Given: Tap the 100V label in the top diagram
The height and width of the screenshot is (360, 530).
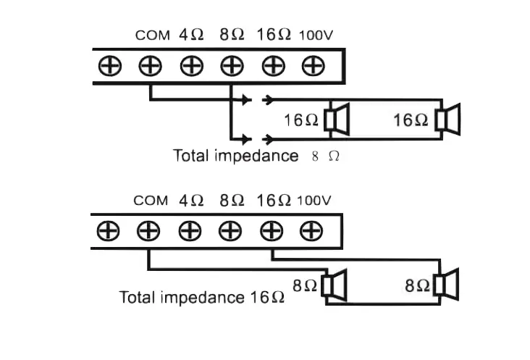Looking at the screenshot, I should pos(316,35).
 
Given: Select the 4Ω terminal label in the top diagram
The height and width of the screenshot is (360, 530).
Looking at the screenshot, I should pos(191,35).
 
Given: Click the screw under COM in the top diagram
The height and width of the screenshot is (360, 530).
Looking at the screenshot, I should pos(150,66).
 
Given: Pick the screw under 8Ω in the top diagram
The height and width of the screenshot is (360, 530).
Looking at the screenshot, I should pos(232,66).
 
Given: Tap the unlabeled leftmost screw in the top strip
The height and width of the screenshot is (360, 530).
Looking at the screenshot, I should pos(110,66).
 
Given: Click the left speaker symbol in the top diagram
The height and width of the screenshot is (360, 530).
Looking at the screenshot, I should pos(337,120).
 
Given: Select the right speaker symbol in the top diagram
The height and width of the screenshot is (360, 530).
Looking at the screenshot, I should pos(448,120).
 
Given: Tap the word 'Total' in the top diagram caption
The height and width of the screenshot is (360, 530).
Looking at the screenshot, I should pos(190,155).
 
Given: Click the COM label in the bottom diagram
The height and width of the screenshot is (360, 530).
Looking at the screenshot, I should pos(151,201).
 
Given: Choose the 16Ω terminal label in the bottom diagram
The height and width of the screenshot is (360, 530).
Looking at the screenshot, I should pos(274,200).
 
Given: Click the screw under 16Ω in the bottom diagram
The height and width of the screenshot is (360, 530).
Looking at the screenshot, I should pos(272,232).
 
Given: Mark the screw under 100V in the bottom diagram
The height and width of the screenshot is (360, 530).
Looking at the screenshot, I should pos(311,232).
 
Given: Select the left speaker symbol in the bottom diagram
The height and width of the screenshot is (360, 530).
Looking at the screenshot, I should pos(336,285).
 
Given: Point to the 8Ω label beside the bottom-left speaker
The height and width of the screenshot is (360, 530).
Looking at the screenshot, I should pos(305,285).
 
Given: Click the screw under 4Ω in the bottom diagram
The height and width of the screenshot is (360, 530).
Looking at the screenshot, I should pos(190,232).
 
